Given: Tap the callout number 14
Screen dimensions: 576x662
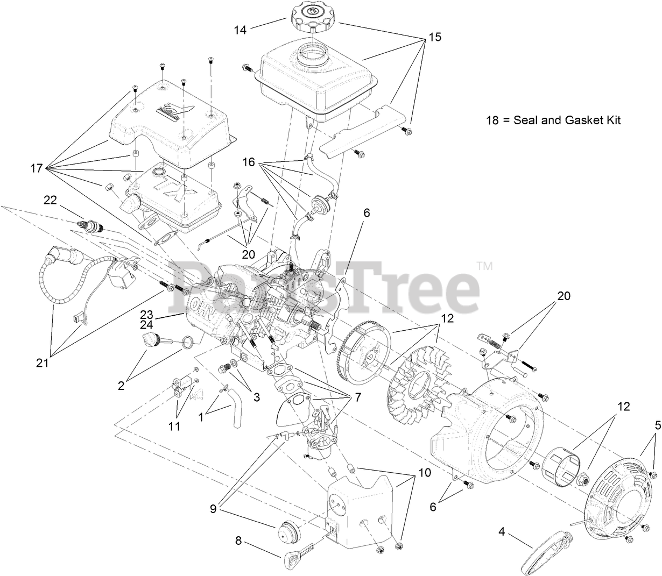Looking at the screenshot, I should point(240,30).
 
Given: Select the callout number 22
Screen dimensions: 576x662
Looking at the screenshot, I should point(50,200).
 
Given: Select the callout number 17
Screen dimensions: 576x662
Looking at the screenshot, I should point(37,168).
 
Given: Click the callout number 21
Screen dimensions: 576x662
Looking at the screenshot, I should point(42,363).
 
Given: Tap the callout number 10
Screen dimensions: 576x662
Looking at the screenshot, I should point(425,473).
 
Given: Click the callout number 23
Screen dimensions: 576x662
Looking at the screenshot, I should point(147,314).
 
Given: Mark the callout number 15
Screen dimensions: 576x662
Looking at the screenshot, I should point(434,37).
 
